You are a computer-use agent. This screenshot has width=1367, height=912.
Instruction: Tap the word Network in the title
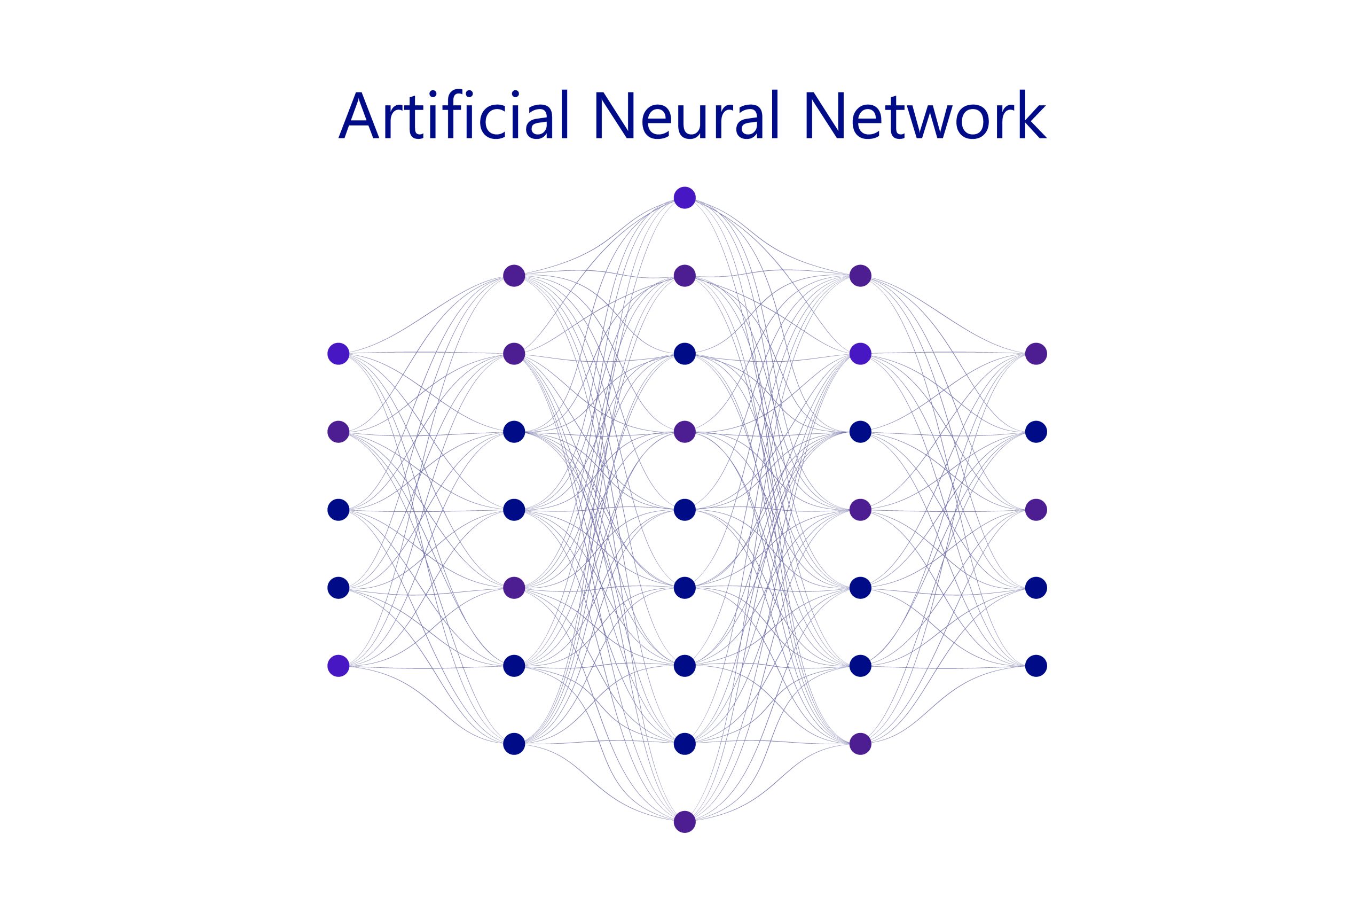926,115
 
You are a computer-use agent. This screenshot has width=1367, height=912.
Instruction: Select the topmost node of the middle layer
685,198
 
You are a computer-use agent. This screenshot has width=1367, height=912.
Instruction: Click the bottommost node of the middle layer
685,822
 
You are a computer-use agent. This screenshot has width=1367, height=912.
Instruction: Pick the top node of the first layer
338,354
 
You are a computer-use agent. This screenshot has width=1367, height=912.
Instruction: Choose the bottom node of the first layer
338,665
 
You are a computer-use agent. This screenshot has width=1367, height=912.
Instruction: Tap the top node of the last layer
1036,354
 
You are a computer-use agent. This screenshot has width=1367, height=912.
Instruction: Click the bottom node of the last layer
1036,665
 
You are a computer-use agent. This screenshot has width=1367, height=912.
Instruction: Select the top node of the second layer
514,276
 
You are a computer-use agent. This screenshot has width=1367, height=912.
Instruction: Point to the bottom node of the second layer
514,743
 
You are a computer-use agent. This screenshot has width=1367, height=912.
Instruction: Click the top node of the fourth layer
860,276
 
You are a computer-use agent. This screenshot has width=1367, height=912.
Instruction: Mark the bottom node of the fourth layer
860,743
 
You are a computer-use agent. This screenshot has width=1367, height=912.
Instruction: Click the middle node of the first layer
338,510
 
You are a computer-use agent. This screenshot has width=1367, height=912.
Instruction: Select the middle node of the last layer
1036,510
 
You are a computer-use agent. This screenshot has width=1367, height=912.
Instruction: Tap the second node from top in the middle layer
685,276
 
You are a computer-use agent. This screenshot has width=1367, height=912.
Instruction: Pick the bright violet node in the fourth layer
860,354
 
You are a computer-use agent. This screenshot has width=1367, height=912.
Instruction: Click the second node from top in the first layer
338,432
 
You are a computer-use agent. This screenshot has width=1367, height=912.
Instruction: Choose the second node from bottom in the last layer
1036,588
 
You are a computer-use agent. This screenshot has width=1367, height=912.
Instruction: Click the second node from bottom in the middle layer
685,743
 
